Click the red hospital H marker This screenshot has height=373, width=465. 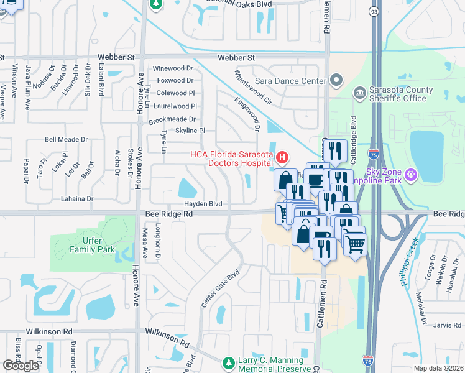(x=282, y=159)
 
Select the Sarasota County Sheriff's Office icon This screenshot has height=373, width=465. (x=360, y=93)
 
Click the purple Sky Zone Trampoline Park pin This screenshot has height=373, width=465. (x=410, y=176)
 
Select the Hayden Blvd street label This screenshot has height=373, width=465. (x=203, y=204)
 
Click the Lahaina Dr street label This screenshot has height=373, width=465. (x=76, y=199)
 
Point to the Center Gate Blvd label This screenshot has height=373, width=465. (x=221, y=288)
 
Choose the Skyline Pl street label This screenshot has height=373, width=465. (x=190, y=131)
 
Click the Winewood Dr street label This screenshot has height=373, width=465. (x=173, y=68)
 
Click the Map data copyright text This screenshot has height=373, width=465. (x=438, y=368)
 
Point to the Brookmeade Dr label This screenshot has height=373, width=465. (x=172, y=119)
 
